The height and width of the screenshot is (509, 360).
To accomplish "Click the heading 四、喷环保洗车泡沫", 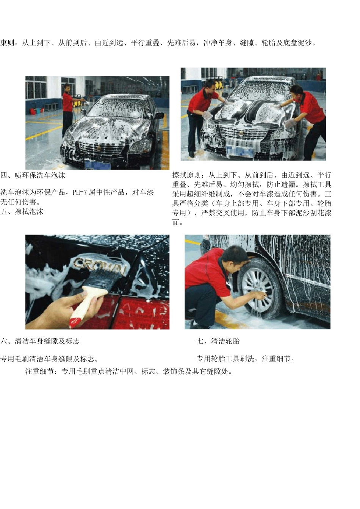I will tap(33, 175).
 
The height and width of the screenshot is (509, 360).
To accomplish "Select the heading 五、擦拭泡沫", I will tap(22, 212).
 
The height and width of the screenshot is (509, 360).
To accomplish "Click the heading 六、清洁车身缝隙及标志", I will tap(40, 341).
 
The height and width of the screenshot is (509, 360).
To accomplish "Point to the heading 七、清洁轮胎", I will tap(218, 341).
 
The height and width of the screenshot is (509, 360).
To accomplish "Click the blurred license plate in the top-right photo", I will tap(240, 152).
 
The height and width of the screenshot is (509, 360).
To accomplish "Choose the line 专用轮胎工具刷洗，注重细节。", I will tap(246, 359).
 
